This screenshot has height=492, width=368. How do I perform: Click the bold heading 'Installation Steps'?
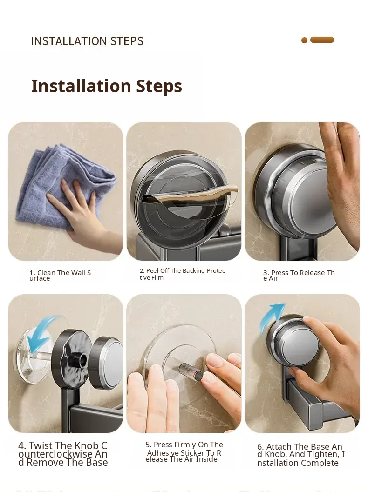(x=107, y=86)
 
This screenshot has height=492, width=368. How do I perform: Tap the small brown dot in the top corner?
(x=304, y=40)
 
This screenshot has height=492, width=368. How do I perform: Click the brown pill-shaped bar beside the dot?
(x=322, y=40)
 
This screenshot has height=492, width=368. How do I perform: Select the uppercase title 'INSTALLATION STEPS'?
(x=87, y=41)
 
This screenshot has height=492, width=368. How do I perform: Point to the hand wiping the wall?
(x=79, y=213)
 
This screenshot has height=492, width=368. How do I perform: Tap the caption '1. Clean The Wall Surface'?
(x=60, y=276)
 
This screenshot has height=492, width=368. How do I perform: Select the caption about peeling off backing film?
(x=183, y=274)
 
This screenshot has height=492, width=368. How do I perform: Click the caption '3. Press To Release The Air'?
(x=299, y=276)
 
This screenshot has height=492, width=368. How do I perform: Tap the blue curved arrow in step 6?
(x=271, y=318)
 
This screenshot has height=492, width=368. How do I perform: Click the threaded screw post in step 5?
(x=191, y=370)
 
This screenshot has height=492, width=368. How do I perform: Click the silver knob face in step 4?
(x=114, y=360)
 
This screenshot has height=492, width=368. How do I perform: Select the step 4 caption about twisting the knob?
(x=63, y=454)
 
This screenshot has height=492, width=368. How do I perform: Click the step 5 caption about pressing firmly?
(x=184, y=452)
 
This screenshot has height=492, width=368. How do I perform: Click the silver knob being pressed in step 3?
(x=301, y=195)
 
